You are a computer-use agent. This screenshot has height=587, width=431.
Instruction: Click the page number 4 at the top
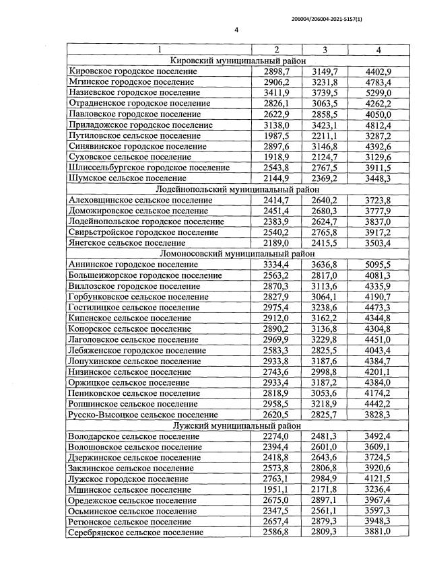[x=236, y=30]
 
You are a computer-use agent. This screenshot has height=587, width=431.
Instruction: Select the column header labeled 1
[x=159, y=49]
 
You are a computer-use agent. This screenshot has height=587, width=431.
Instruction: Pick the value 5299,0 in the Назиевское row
[x=378, y=92]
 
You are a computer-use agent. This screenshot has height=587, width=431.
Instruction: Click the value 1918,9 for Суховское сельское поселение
[x=277, y=157]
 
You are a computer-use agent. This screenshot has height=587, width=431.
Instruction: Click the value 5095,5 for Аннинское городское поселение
[x=378, y=265]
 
